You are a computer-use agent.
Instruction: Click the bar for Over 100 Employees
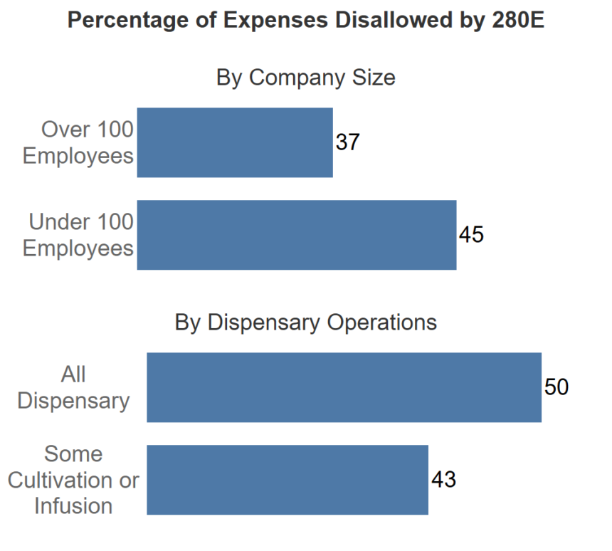pyautogui.click(x=235, y=142)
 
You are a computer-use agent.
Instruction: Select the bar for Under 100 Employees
pyautogui.click(x=297, y=235)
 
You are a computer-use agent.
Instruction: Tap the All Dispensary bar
pyautogui.click(x=344, y=387)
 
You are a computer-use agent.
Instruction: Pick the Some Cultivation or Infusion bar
pyautogui.click(x=287, y=480)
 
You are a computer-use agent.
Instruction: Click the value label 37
pyautogui.click(x=347, y=142)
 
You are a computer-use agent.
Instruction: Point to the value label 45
pyautogui.click(x=471, y=235)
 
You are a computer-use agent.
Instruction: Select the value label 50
pyautogui.click(x=556, y=387)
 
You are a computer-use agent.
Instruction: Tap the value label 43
pyautogui.click(x=443, y=480)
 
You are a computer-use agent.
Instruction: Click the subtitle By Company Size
pyautogui.click(x=305, y=78)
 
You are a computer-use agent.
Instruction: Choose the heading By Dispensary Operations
pyautogui.click(x=305, y=322)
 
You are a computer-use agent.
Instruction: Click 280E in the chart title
pyautogui.click(x=518, y=20)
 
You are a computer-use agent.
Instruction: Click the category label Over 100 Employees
pyautogui.click(x=78, y=142)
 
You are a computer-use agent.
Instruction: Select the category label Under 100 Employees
pyautogui.click(x=78, y=235)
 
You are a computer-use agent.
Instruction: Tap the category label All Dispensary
pyautogui.click(x=73, y=388)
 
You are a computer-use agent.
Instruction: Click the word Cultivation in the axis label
pyautogui.click(x=62, y=481)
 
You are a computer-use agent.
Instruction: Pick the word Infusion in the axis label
pyautogui.click(x=73, y=506)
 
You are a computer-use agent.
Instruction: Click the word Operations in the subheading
pyautogui.click(x=381, y=322)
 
